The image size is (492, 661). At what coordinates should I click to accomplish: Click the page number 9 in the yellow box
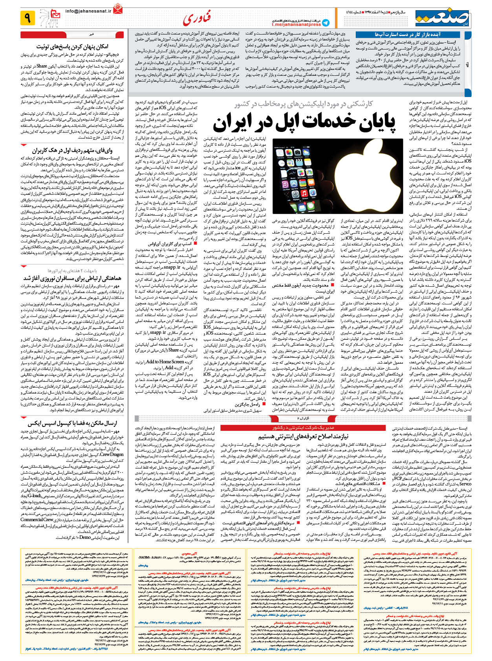28,18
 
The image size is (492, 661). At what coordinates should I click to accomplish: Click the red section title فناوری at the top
197,18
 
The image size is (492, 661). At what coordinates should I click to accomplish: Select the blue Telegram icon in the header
326,22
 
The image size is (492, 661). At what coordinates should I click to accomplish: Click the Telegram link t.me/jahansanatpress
296,24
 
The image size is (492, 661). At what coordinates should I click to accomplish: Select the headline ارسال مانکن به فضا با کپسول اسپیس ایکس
73,423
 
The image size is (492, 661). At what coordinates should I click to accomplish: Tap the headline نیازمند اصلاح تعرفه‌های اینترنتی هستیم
303,436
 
